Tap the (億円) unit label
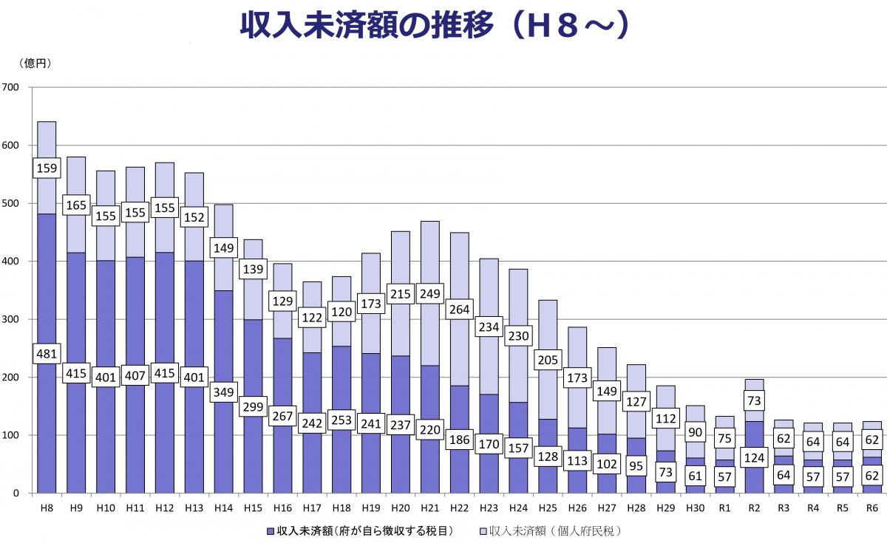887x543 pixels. [35, 64]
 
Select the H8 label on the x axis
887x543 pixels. [47, 509]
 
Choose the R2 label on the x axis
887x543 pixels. [755, 509]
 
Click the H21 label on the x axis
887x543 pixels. [429, 509]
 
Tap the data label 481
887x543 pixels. [47, 354]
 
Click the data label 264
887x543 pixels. [459, 309]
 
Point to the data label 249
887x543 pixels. [429, 294]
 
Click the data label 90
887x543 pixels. [696, 431]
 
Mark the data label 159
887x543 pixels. [47, 168]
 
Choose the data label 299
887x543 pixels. [253, 407]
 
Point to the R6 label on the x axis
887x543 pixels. [873, 509]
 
